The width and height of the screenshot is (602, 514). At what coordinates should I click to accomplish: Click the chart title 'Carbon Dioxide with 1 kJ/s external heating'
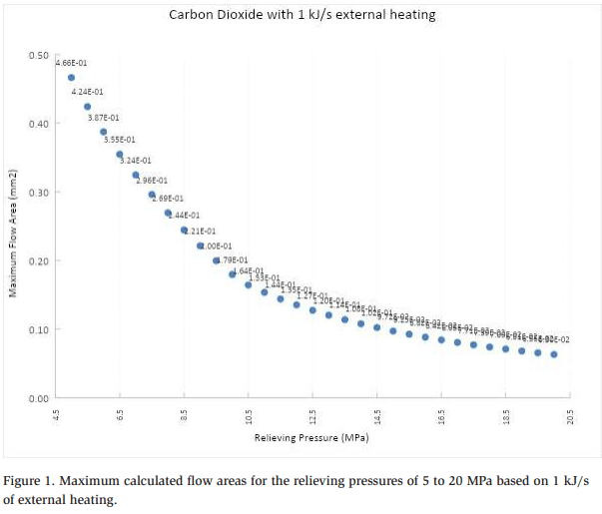click(301, 15)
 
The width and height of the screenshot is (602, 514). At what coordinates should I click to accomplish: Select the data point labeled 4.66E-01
click(72, 77)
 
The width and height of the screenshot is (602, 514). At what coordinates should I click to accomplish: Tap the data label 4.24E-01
click(87, 92)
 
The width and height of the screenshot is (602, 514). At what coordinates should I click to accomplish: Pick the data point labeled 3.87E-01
click(104, 131)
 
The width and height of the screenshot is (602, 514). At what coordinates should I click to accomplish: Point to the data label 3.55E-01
click(119, 140)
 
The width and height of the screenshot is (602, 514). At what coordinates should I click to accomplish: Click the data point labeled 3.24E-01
click(136, 175)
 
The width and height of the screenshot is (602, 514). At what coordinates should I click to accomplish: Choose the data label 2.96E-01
click(152, 181)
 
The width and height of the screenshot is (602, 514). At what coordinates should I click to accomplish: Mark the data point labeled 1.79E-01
click(217, 260)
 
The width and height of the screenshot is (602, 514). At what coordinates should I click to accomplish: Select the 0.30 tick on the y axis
click(39, 192)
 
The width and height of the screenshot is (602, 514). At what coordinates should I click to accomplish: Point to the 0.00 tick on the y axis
click(39, 398)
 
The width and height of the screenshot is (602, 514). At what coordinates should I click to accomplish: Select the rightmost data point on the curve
click(554, 354)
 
